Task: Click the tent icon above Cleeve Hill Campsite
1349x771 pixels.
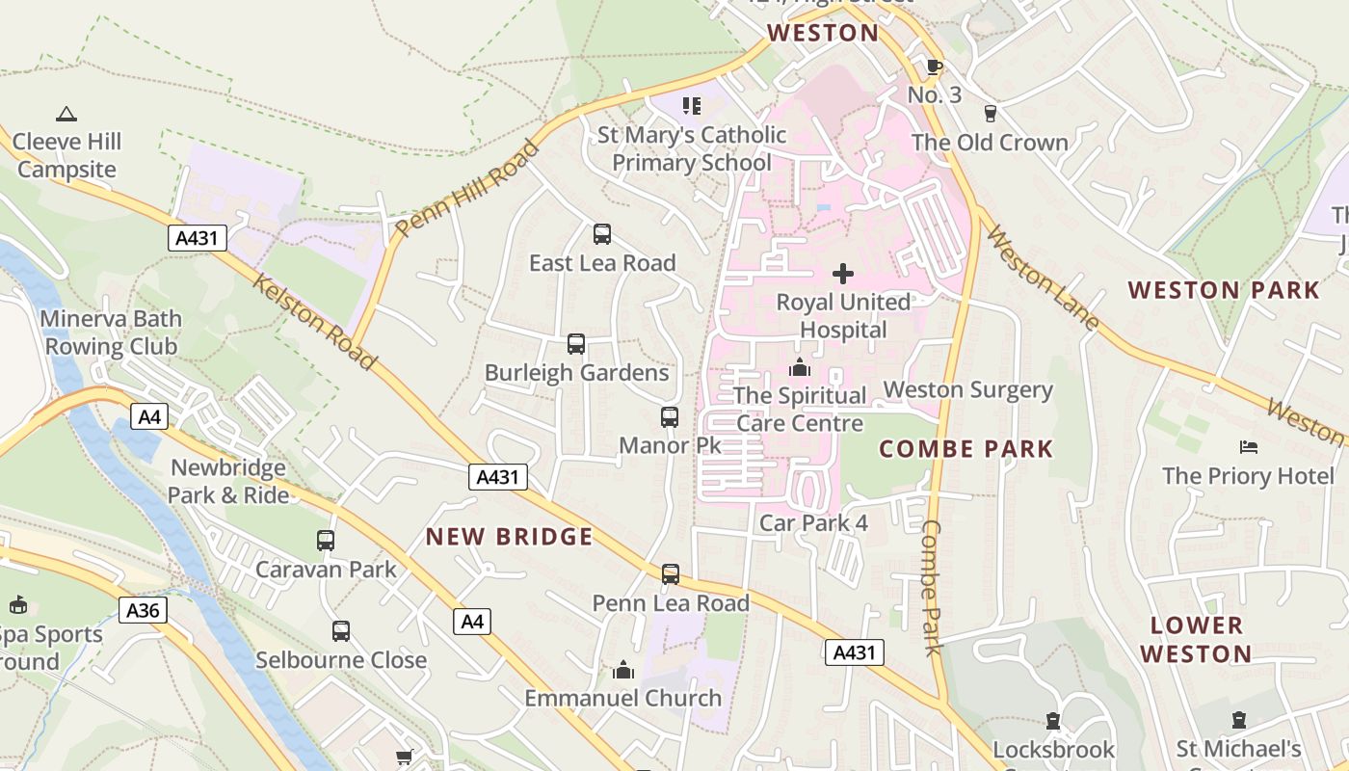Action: pos(66,115)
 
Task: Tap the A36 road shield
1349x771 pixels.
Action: pos(143,609)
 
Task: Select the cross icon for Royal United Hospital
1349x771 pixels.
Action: pos(843,274)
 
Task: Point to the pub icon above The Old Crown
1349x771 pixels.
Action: pos(990,114)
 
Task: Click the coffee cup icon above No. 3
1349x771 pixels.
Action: pos(933,66)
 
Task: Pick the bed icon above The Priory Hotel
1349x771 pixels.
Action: pos(1249,447)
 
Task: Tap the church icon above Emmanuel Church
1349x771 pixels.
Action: pos(623,669)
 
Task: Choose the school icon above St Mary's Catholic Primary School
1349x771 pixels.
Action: pos(691,105)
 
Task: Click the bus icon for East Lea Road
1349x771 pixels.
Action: pos(602,234)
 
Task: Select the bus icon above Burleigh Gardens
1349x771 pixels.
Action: pos(576,344)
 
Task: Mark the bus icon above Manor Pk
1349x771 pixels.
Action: pos(670,417)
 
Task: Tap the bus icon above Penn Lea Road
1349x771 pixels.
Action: pos(671,574)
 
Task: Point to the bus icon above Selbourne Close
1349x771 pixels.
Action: pos(341,631)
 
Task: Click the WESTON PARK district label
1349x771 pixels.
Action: pos(1224,290)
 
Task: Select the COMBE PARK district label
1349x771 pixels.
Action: pos(966,448)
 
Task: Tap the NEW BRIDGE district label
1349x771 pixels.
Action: pos(510,537)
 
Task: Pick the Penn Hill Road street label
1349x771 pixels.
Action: pos(467,189)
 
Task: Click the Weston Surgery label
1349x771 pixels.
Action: pos(968,390)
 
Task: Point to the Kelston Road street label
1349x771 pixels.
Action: pos(314,321)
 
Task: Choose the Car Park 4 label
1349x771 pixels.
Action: pos(814,523)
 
